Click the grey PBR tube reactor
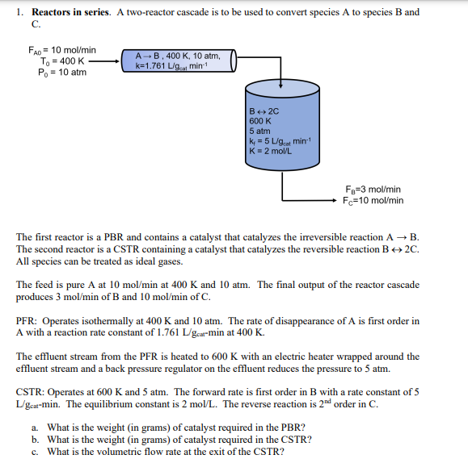179,61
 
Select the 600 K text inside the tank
260,120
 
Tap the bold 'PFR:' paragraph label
28,321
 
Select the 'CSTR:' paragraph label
32,392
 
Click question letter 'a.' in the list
36,427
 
